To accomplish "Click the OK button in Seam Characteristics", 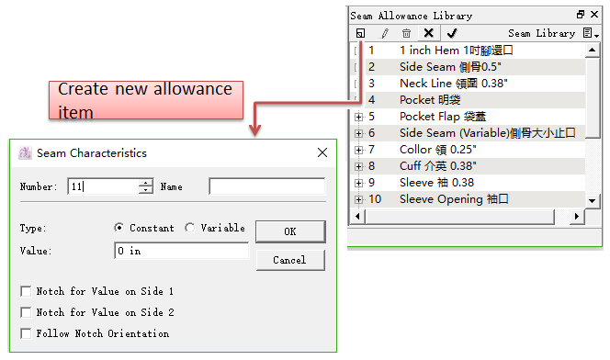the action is (290, 231).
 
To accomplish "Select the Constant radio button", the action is (119, 228).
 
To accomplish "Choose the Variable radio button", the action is (190, 228).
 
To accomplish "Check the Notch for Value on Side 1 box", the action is (26, 291).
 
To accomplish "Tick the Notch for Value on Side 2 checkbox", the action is (26, 312).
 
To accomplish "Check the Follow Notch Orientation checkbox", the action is (26, 333).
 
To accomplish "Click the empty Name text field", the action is (266, 186).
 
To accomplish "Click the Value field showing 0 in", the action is (182, 251).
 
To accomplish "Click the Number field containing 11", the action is (103, 186).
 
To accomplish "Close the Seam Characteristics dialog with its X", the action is (322, 152).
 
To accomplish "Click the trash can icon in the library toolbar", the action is (406, 33).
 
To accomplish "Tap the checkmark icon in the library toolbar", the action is (452, 33).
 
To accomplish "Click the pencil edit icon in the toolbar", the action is (384, 33).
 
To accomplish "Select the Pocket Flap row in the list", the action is (443, 117).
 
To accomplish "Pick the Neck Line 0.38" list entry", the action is (454, 84).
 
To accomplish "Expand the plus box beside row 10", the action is (358, 199).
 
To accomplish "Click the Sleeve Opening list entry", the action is (454, 199).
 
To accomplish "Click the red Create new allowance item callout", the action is (146, 100).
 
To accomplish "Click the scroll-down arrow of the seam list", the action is (593, 200).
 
